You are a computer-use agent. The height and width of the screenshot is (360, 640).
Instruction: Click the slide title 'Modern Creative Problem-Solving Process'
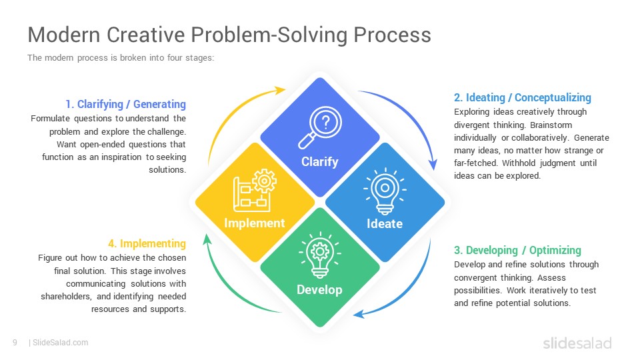(x=229, y=35)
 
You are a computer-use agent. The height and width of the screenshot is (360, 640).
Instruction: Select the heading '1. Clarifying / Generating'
(x=125, y=104)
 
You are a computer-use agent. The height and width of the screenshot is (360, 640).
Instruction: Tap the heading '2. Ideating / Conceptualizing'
(x=522, y=97)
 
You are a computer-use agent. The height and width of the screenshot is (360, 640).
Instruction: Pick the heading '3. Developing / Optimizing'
(x=517, y=250)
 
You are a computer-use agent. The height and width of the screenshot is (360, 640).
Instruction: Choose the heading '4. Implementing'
(x=147, y=243)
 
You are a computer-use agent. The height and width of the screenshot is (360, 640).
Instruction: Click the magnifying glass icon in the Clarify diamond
(x=319, y=127)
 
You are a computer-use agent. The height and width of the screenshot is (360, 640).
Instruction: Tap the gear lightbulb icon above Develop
(x=319, y=254)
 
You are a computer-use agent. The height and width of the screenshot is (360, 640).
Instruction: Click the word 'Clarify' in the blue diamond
(x=319, y=161)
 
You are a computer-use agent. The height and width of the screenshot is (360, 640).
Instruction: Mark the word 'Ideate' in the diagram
(x=385, y=223)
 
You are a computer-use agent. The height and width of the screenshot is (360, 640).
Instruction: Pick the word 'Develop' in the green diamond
(x=319, y=289)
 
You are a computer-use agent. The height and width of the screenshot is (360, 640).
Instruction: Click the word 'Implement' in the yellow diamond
(x=254, y=223)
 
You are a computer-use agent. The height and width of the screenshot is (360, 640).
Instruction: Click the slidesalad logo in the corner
(x=577, y=343)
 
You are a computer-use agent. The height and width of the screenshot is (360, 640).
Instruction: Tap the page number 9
(x=15, y=343)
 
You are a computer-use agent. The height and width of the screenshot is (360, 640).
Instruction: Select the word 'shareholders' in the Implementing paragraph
(x=67, y=296)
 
